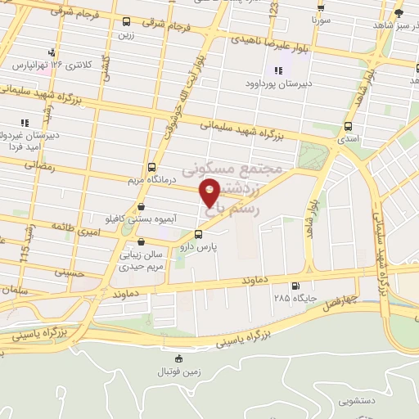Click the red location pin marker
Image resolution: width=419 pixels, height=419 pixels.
[210, 193]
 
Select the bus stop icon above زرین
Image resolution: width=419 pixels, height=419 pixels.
[125, 22]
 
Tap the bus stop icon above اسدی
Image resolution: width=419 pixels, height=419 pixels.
[349, 126]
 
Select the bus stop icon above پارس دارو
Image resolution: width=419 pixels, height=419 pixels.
[197, 233]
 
